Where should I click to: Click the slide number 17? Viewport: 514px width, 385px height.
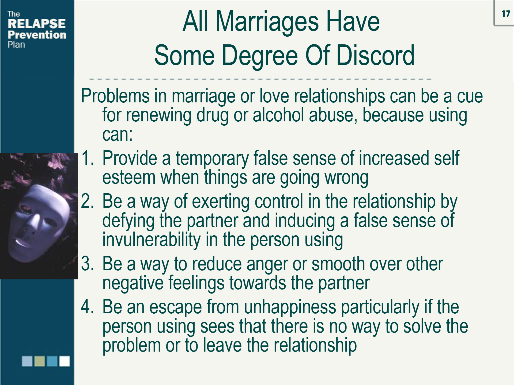505,14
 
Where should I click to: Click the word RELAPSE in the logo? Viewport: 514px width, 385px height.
36,24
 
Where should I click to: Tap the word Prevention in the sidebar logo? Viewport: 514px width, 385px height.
37,35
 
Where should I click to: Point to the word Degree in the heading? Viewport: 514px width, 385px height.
260,55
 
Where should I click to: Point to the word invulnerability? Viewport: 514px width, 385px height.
152,240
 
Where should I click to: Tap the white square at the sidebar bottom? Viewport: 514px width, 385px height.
65,361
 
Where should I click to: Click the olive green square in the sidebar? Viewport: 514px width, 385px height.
40,361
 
